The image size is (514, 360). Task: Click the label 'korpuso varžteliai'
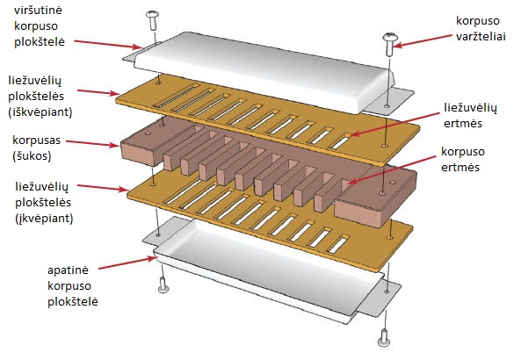click(x=481, y=28)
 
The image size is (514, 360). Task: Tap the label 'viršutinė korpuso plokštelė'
click(x=40, y=26)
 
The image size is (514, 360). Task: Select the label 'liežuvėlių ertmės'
click(x=470, y=115)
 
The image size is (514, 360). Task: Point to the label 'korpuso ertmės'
click(x=462, y=159)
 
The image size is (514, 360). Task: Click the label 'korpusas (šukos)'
click(x=36, y=148)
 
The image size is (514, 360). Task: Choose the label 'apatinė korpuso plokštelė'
click(x=72, y=286)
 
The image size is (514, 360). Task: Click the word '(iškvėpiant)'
click(x=40, y=112)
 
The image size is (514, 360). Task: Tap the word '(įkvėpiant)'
click(x=44, y=218)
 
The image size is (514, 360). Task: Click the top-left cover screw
click(x=153, y=20)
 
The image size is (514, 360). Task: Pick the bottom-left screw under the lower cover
click(x=163, y=285)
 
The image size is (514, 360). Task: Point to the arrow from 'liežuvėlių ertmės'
click(x=395, y=124)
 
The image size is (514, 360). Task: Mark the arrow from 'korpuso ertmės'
click(x=391, y=169)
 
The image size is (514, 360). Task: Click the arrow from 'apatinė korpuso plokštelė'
click(x=128, y=263)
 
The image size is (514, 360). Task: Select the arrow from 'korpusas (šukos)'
click(x=93, y=143)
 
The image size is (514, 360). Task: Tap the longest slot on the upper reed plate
click(x=177, y=96)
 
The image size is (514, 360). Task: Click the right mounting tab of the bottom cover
click(x=380, y=297)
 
